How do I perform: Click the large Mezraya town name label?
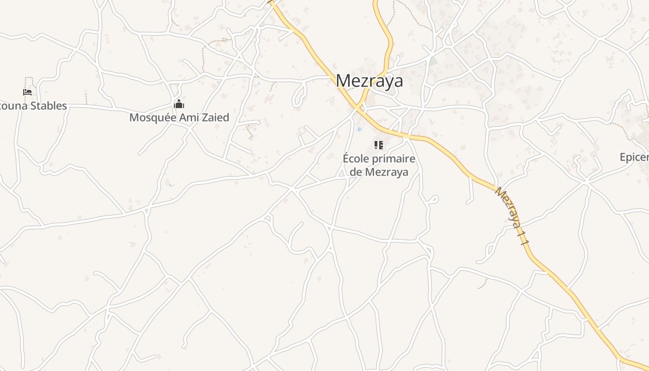pos(369,81)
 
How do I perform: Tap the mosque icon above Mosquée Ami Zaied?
pos(179,104)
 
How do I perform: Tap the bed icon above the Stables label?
pos(27,92)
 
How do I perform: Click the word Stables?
pos(48,106)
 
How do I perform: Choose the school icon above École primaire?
pos(379,146)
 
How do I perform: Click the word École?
pos(356,159)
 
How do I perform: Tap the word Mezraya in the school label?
pos(387,172)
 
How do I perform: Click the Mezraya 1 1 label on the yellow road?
pos(512,215)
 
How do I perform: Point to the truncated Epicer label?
pos(634,157)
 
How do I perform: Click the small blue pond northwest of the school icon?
pos(360,129)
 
